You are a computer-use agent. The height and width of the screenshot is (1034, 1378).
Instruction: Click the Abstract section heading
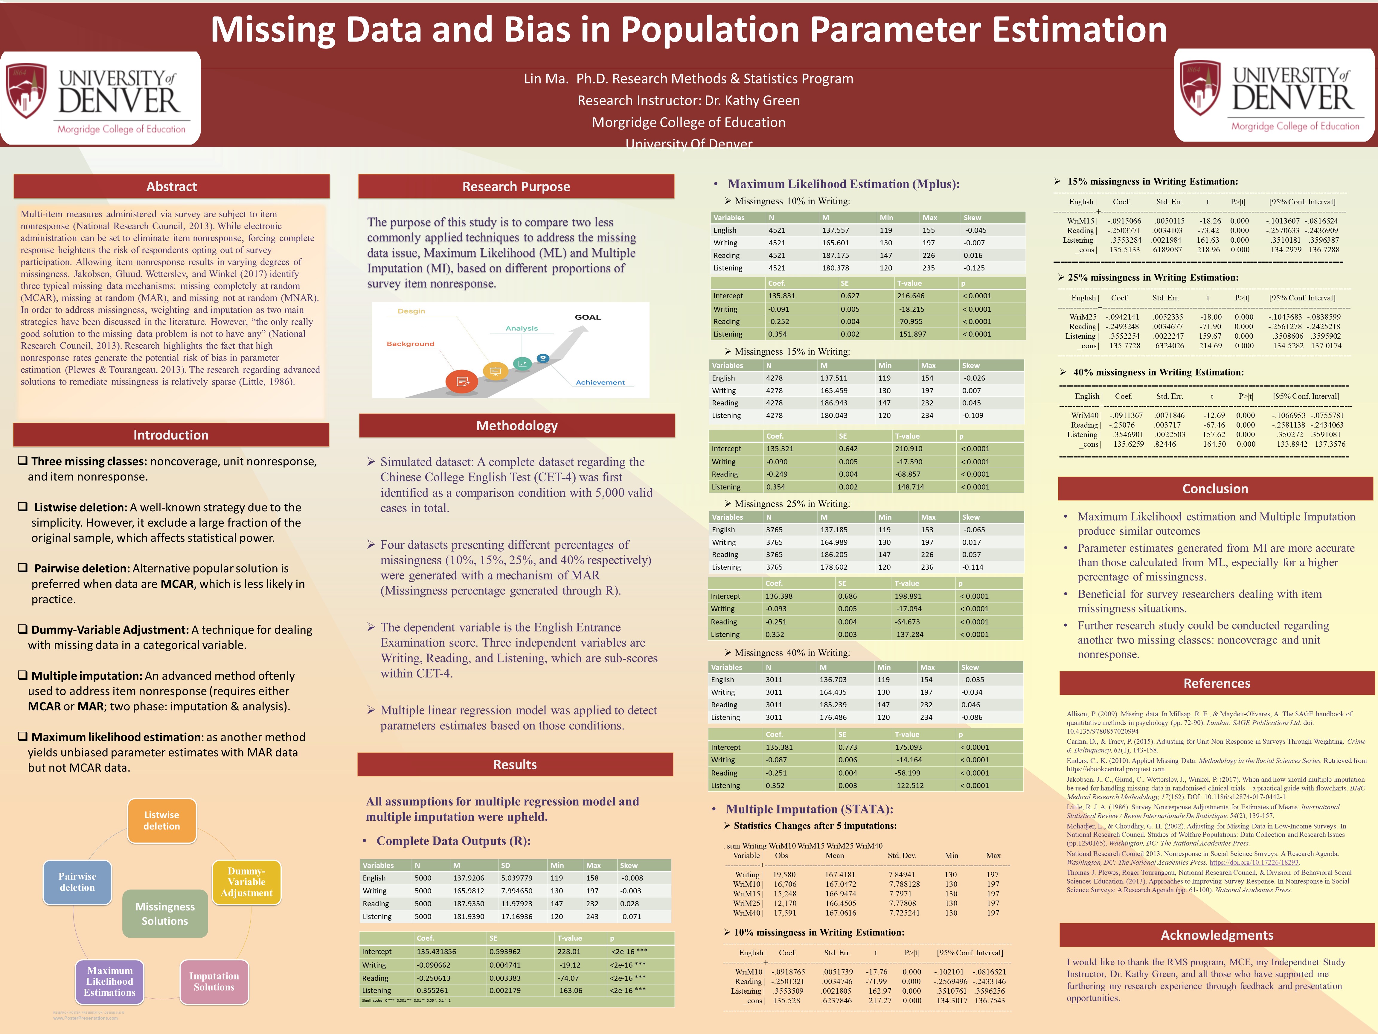[x=171, y=186]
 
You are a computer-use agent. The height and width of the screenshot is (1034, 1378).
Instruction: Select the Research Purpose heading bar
[x=516, y=186]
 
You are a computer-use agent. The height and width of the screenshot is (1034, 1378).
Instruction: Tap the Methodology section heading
[x=516, y=426]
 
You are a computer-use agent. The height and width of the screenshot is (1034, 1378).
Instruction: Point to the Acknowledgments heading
[x=1217, y=935]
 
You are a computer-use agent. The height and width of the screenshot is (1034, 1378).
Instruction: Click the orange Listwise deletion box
[x=162, y=820]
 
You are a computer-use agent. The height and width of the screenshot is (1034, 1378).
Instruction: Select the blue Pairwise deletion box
[x=77, y=882]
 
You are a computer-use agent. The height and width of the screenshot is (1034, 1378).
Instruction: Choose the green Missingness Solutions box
[x=165, y=914]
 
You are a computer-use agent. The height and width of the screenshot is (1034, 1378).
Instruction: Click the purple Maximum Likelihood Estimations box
[x=110, y=982]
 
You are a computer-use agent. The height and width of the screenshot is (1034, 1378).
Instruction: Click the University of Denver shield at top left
[x=26, y=90]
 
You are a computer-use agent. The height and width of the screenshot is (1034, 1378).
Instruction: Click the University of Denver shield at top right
[x=1200, y=87]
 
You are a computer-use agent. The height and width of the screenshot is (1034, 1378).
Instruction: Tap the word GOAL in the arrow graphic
[x=587, y=317]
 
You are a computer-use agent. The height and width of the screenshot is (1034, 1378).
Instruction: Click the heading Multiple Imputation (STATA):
[x=809, y=809]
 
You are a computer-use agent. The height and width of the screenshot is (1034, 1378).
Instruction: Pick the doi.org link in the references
[x=1253, y=863]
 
